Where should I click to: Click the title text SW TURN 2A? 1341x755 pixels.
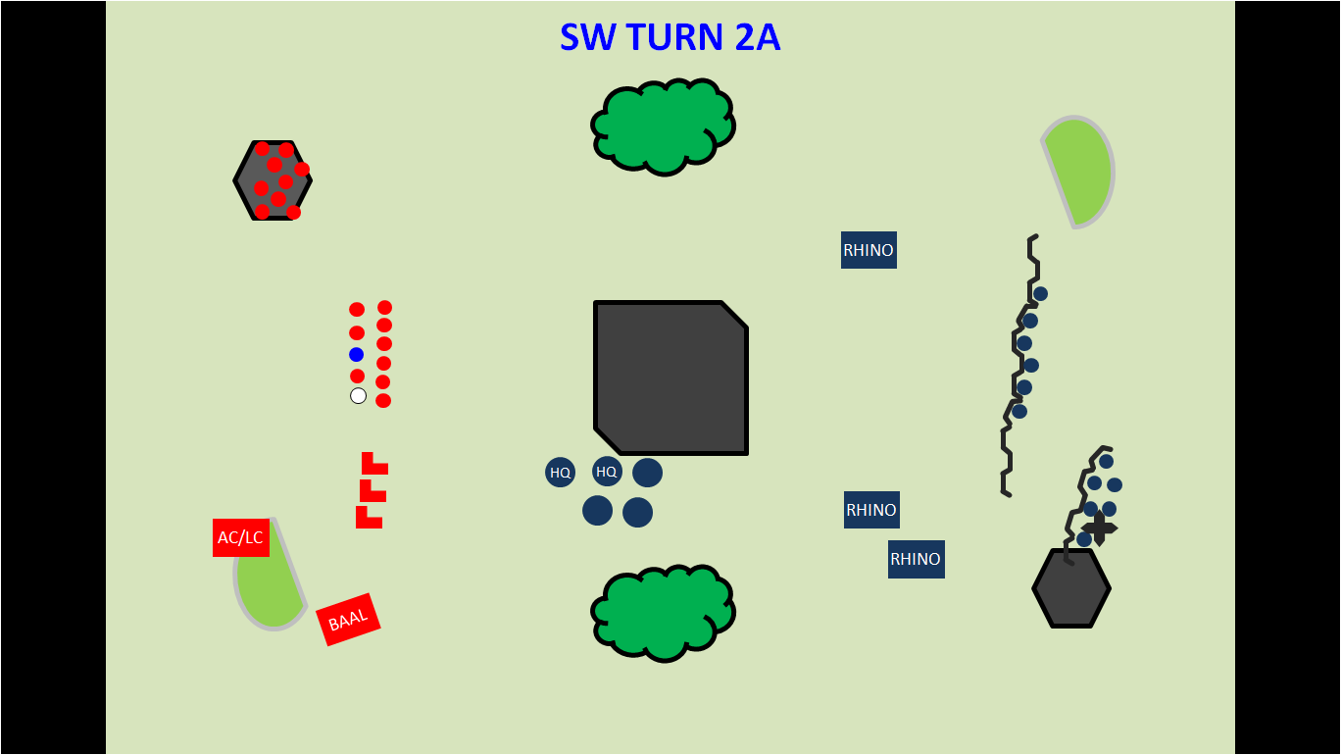click(x=670, y=37)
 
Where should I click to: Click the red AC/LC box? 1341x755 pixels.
click(x=240, y=537)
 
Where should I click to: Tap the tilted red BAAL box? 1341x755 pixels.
click(x=348, y=620)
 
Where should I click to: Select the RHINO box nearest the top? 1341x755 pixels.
click(x=869, y=250)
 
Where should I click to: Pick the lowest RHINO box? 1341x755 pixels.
click(x=916, y=559)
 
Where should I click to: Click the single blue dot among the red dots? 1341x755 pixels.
click(x=356, y=354)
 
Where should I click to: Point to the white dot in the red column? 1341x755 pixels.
click(x=358, y=395)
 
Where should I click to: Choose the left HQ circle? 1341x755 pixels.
click(x=560, y=472)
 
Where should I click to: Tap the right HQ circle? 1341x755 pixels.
click(x=607, y=471)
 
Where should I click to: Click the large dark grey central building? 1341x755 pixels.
click(x=670, y=377)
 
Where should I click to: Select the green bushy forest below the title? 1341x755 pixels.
click(x=664, y=126)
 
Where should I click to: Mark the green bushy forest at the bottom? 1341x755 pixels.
click(x=664, y=612)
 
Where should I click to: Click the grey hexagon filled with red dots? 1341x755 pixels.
click(x=273, y=180)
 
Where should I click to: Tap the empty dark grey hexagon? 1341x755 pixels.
click(x=1071, y=588)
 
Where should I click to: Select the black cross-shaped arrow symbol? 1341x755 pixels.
click(x=1099, y=528)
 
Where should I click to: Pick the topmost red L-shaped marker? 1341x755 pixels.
click(x=372, y=465)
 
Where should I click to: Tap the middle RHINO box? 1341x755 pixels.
click(x=871, y=510)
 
